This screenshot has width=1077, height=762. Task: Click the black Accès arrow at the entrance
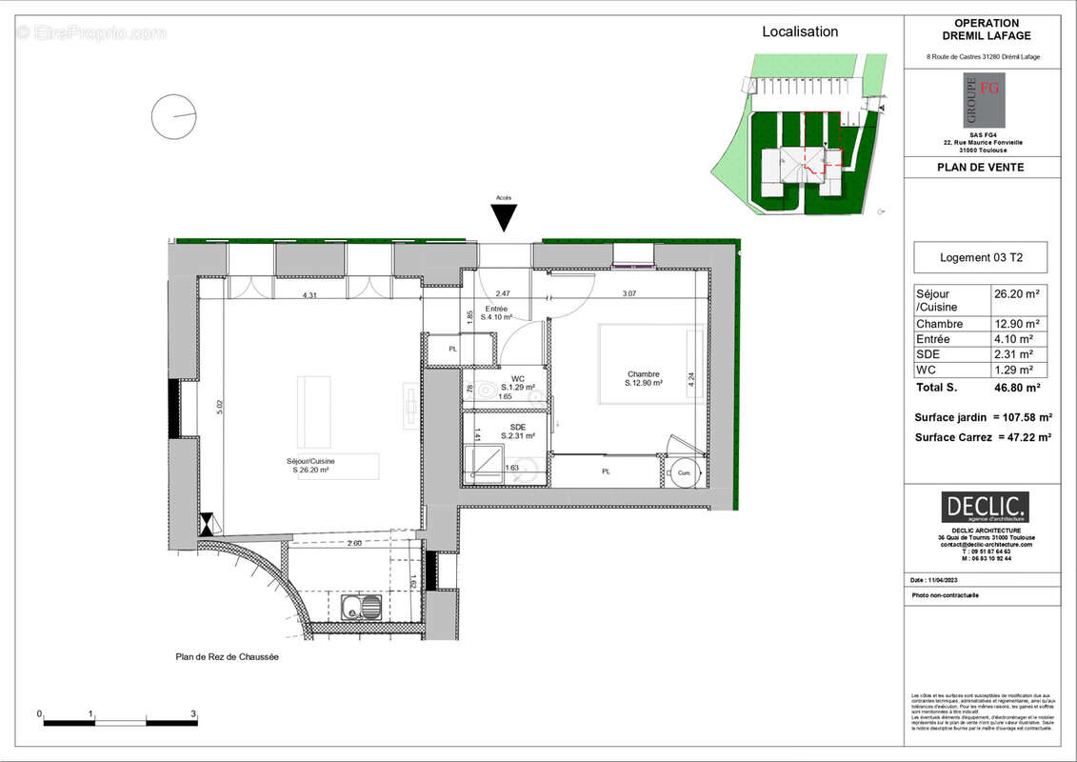click(504, 218)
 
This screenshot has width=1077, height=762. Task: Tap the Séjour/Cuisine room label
click(310, 465)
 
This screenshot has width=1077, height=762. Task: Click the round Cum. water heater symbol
click(684, 471)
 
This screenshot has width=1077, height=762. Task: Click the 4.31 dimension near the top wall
click(309, 296)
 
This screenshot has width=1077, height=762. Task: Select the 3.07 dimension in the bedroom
click(629, 293)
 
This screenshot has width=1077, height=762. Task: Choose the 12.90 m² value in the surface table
click(1016, 324)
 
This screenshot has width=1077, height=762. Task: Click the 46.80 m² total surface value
click(1017, 388)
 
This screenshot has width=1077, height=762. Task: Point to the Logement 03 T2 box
click(981, 257)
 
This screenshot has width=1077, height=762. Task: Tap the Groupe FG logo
click(983, 101)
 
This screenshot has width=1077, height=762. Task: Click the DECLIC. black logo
click(985, 507)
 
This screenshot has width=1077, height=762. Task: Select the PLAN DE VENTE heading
click(981, 169)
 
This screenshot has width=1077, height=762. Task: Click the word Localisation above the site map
click(800, 31)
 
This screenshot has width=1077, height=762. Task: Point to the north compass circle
click(173, 116)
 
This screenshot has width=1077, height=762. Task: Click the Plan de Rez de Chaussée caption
click(228, 656)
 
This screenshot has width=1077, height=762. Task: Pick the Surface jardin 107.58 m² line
click(983, 417)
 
